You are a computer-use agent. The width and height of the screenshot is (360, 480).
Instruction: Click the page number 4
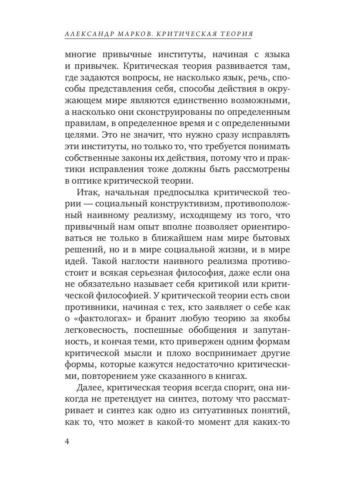[67, 442]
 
